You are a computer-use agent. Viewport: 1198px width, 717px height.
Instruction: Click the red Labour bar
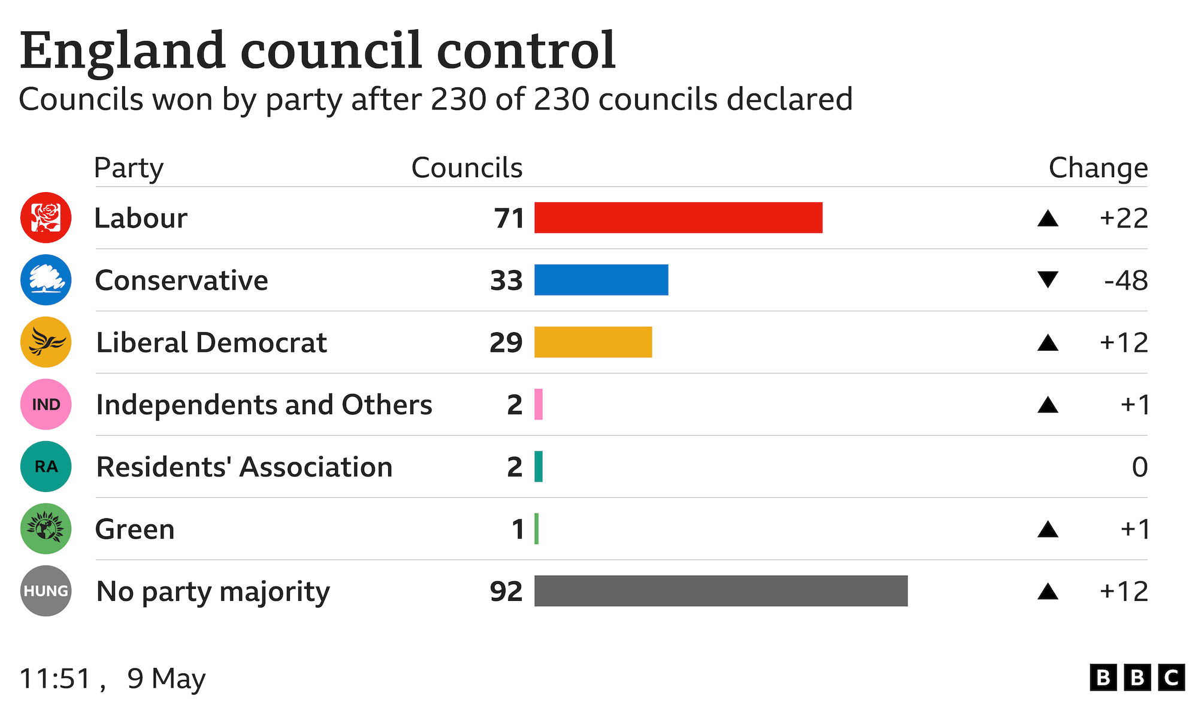tap(678, 218)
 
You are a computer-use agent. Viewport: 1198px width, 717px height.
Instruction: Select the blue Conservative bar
tap(601, 280)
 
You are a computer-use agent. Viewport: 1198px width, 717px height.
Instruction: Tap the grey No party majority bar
tap(721, 591)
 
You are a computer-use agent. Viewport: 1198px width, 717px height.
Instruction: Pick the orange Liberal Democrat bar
tap(593, 342)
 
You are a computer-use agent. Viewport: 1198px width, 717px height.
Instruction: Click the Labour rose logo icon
tap(46, 218)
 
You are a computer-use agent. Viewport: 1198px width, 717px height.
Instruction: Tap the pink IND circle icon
tap(46, 405)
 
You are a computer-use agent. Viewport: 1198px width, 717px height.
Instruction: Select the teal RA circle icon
tap(46, 467)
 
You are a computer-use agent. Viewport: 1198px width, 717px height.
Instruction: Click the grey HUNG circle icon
tap(46, 591)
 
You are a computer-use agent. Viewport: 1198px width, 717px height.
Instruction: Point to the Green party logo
tap(46, 529)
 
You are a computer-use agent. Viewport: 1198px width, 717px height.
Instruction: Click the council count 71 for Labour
tap(509, 218)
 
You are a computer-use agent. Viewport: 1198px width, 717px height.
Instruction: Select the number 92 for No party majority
tap(506, 592)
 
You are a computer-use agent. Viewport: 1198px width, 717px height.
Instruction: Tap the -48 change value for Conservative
tap(1126, 281)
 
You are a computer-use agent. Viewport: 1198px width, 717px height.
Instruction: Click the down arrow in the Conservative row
tap(1048, 279)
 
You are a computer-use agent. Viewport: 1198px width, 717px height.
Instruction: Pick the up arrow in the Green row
tap(1048, 529)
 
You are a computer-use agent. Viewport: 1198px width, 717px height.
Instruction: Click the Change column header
tap(1098, 168)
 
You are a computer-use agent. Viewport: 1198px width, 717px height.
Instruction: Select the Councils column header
tap(467, 168)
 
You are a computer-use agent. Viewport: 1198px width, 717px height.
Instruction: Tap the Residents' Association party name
tap(244, 467)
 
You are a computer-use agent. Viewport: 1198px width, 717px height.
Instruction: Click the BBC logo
tap(1137, 678)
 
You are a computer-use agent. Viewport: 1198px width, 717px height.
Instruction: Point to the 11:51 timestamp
tap(56, 679)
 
